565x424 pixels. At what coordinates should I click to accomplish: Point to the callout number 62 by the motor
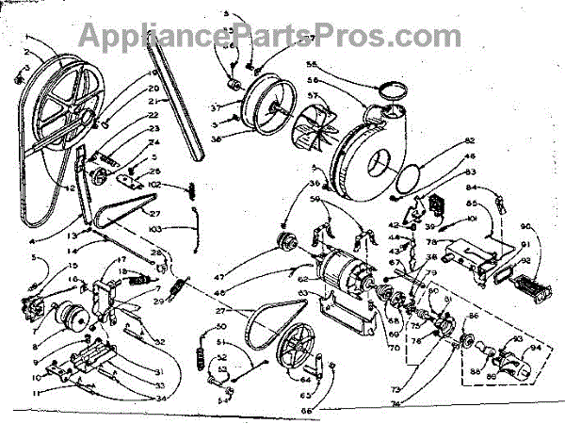click(x=303, y=280)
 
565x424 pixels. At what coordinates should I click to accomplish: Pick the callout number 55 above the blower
click(x=312, y=66)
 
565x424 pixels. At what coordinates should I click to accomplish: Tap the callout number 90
click(x=525, y=226)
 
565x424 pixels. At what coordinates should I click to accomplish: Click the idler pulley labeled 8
click(x=71, y=316)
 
